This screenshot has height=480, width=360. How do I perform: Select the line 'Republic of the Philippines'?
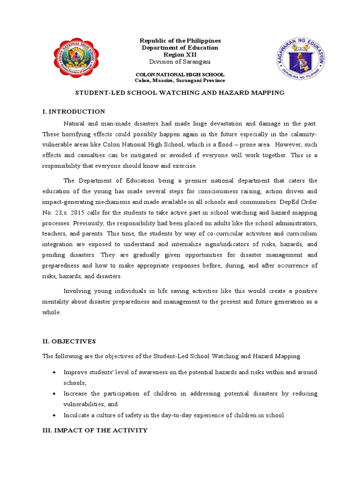pos(180,41)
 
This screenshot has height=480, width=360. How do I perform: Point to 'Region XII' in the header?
pos(180,54)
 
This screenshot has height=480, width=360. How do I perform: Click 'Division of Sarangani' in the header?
pos(180,61)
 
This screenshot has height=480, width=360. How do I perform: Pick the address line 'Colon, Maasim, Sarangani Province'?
pos(180,81)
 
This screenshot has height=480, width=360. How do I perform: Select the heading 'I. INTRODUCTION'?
pos(74,112)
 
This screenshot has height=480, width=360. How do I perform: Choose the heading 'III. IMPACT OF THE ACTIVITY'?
pos(95,430)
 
